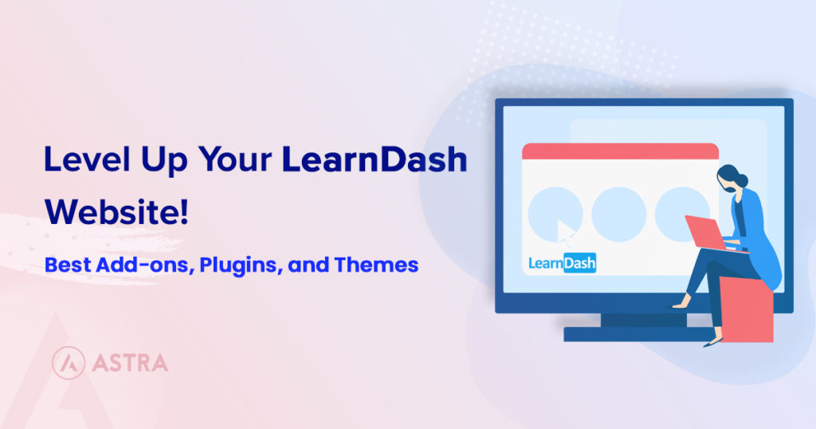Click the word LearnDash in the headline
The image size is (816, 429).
click(x=374, y=161)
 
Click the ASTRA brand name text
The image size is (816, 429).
click(x=130, y=364)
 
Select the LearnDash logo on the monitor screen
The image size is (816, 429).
click(x=563, y=263)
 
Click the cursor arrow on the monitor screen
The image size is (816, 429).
click(x=567, y=232)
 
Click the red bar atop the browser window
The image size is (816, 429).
click(x=620, y=151)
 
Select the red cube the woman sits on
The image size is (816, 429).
click(x=746, y=309)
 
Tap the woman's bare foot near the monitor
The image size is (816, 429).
click(x=680, y=304)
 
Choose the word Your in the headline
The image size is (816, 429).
click(x=236, y=161)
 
